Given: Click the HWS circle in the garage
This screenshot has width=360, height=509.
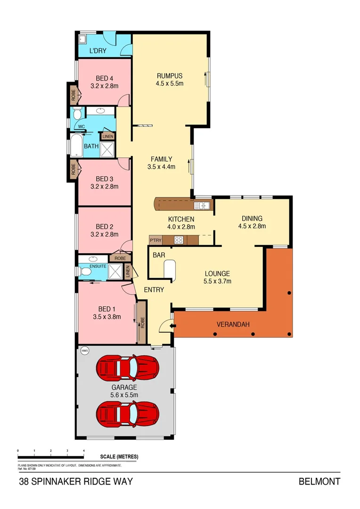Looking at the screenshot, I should point(85,351).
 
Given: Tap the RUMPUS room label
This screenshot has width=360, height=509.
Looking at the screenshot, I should point(169,75).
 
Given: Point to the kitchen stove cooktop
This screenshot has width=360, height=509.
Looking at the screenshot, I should point(180,240).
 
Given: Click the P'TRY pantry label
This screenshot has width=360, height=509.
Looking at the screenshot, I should point(155,240).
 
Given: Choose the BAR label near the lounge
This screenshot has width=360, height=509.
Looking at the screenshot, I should point(158,255).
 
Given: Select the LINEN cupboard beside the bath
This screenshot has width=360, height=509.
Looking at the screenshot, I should point(108,137).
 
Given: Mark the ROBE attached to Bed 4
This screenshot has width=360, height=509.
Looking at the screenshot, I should point(74,93).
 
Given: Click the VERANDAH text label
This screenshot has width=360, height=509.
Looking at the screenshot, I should point(233,324).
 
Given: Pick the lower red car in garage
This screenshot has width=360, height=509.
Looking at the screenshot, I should point(127,413).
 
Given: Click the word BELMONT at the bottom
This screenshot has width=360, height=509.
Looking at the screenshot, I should point(319,482).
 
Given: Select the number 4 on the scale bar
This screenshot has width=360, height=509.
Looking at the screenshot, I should point(84,451).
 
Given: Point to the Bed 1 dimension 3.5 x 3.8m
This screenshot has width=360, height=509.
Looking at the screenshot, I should point(107,317).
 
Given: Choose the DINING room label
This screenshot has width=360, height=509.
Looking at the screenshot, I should point(252,218).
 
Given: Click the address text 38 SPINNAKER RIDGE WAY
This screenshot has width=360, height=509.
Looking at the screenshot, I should point(76,482).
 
